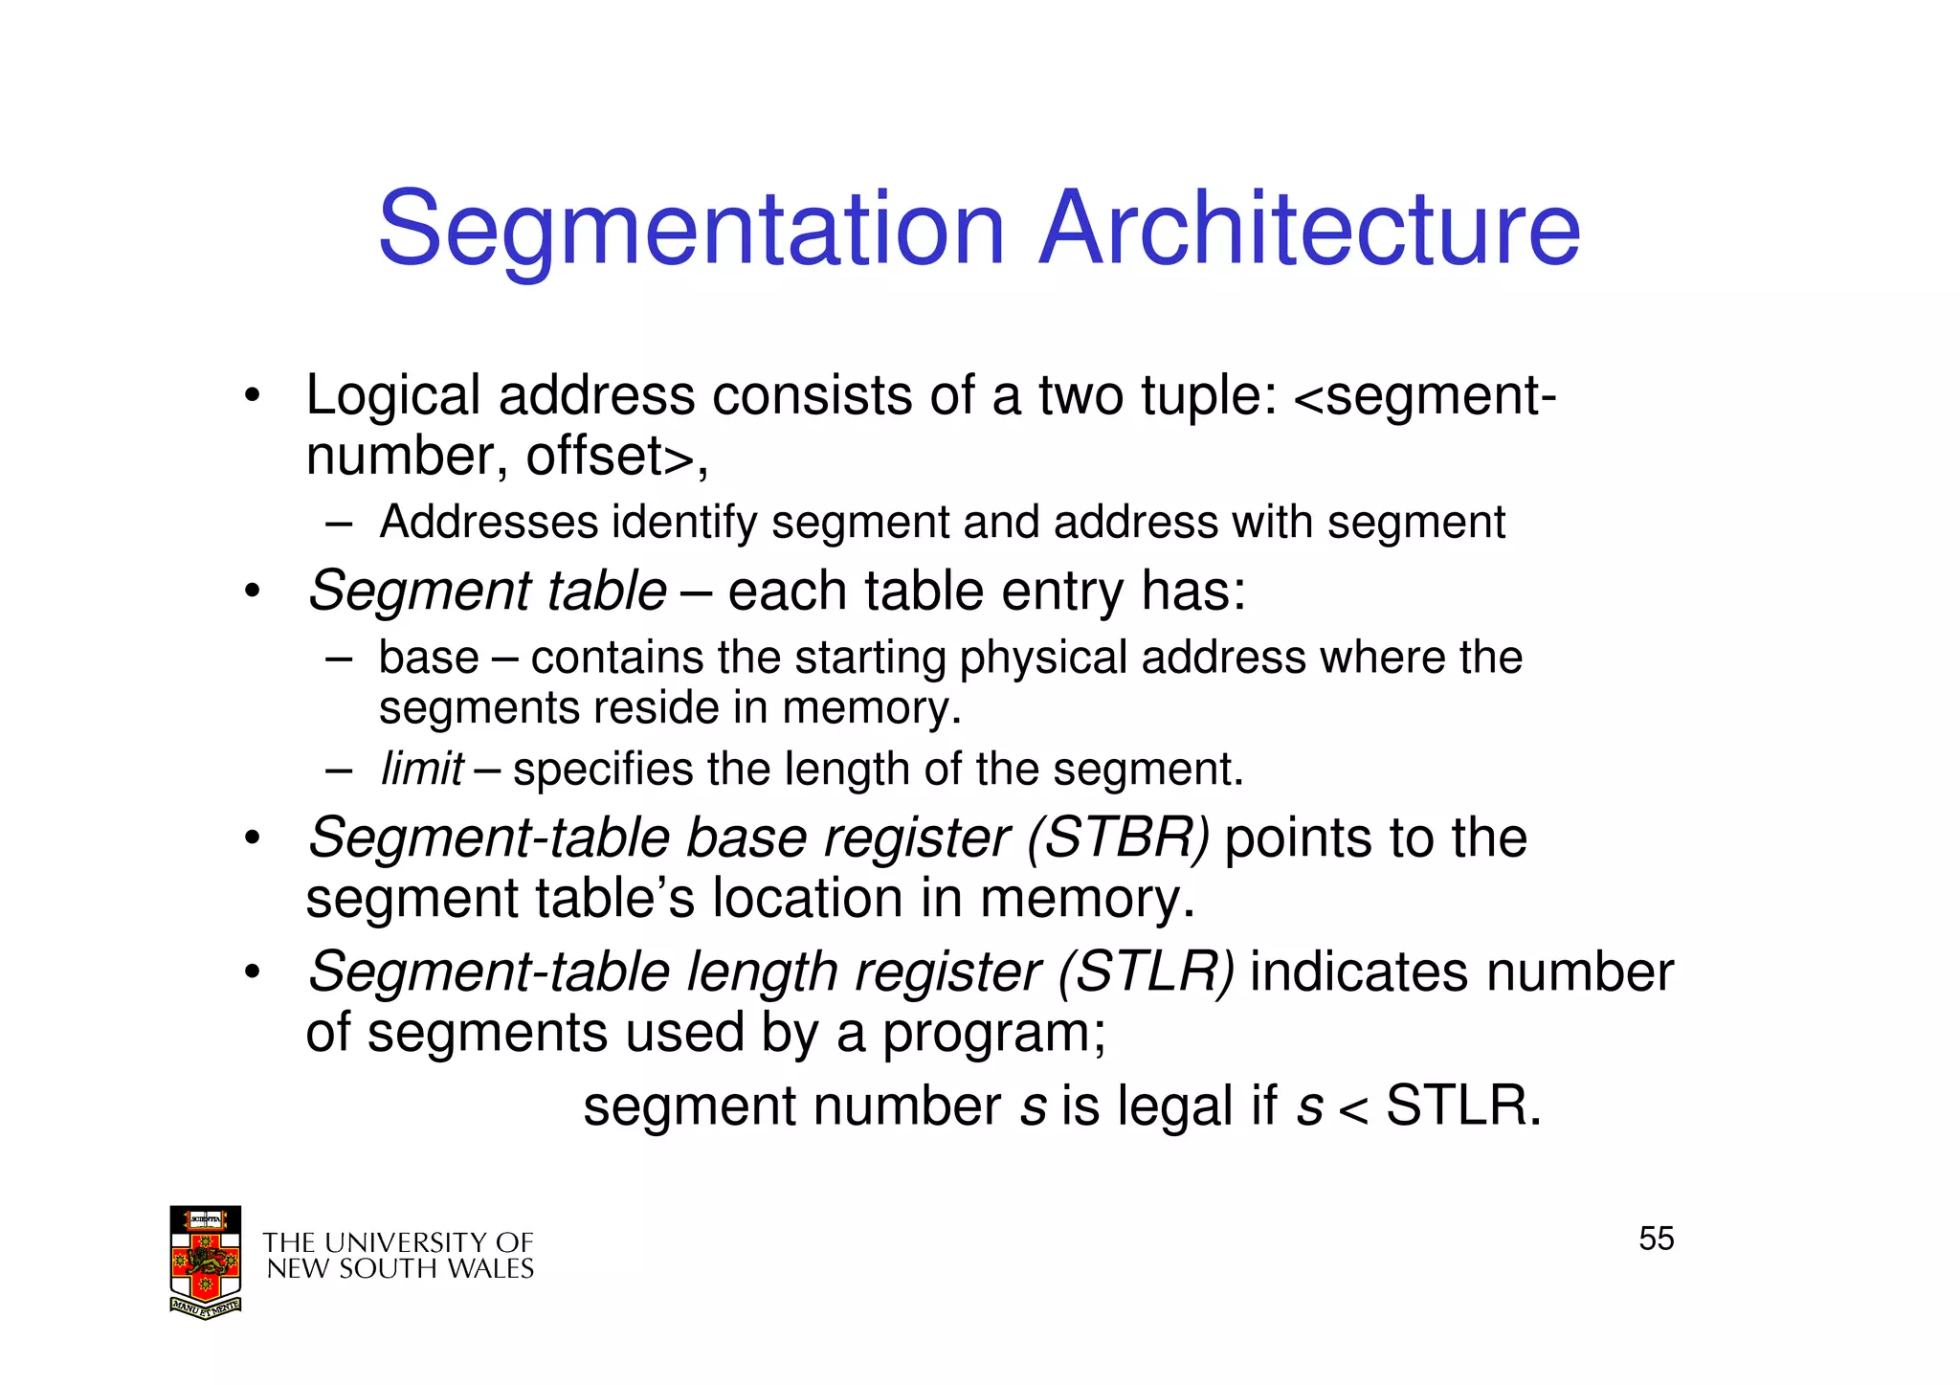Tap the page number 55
pyautogui.click(x=1656, y=1239)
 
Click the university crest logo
pyautogui.click(x=205, y=1262)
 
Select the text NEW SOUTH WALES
pyautogui.click(x=399, y=1269)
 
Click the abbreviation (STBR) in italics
pyautogui.click(x=1118, y=838)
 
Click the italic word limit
pyautogui.click(x=421, y=769)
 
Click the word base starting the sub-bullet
pyautogui.click(x=428, y=658)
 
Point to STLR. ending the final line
pyautogui.click(x=1463, y=1106)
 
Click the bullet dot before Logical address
pyautogui.click(x=252, y=396)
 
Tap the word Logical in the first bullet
pyautogui.click(x=392, y=396)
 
